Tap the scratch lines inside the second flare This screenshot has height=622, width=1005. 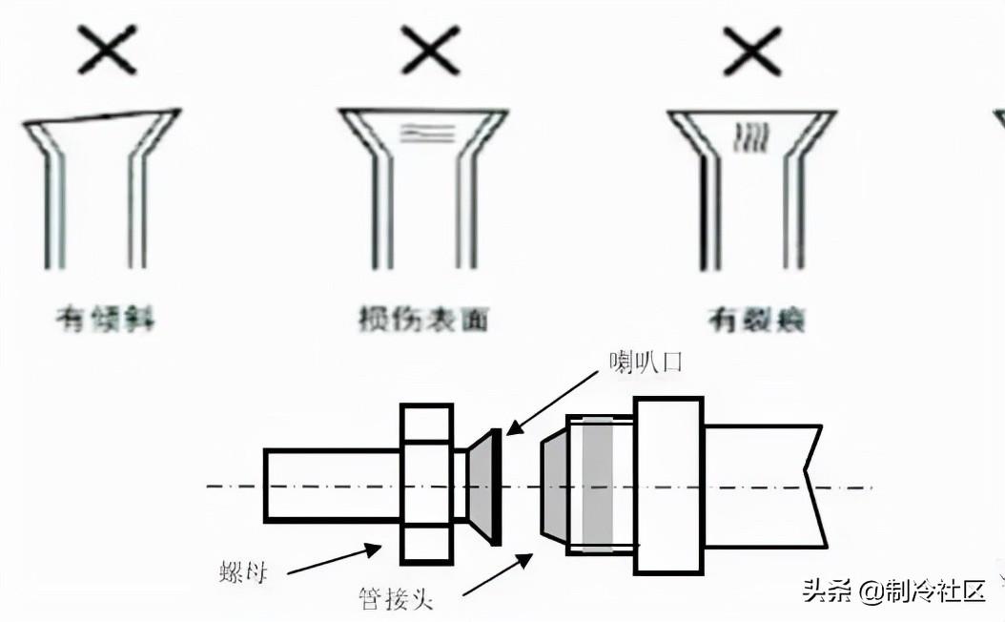426,134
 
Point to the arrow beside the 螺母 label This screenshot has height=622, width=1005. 333,560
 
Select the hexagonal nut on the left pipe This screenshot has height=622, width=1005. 426,484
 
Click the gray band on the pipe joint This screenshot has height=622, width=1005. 598,484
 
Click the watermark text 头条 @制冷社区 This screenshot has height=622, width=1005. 892,591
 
